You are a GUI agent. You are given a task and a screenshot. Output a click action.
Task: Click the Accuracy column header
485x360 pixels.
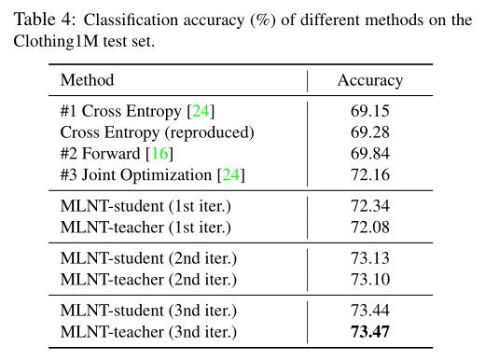pyautogui.click(x=370, y=80)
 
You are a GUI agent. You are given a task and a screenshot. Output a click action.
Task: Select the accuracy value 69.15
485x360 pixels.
pyautogui.click(x=370, y=112)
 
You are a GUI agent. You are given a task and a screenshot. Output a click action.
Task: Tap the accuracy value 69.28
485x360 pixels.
pyautogui.click(x=370, y=132)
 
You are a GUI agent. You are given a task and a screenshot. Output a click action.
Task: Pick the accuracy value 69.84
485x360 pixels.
pyautogui.click(x=370, y=153)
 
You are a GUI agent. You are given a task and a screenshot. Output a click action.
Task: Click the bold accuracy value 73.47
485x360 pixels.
pyautogui.click(x=370, y=331)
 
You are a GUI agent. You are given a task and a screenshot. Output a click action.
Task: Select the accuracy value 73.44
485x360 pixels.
pyautogui.click(x=370, y=311)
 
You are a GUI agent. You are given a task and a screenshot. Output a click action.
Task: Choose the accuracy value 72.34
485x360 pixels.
pyautogui.click(x=370, y=205)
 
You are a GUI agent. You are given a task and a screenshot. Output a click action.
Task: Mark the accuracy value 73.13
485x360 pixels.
pyautogui.click(x=370, y=258)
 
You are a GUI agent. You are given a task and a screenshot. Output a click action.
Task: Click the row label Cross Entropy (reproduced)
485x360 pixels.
pyautogui.click(x=157, y=132)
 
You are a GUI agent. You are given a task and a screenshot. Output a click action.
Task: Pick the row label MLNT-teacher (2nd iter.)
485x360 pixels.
pyautogui.click(x=146, y=279)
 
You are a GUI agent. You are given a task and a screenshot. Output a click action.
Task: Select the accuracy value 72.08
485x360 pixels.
pyautogui.click(x=370, y=226)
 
